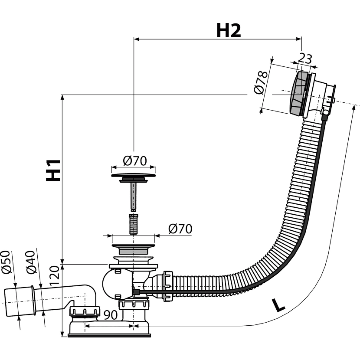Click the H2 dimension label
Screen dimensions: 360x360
(x=229, y=30)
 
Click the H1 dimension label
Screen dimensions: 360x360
(x=53, y=170)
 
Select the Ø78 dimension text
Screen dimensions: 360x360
(x=261, y=82)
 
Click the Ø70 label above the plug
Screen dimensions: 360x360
(x=135, y=161)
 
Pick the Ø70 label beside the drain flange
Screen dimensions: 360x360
(x=180, y=229)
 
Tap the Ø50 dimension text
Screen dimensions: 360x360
(x=7, y=262)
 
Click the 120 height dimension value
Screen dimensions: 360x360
(x=55, y=275)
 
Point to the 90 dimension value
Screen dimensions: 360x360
(x=111, y=315)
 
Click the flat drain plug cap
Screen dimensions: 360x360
(x=134, y=176)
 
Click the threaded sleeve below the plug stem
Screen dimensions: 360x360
(x=134, y=224)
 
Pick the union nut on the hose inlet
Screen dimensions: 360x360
(x=168, y=286)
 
